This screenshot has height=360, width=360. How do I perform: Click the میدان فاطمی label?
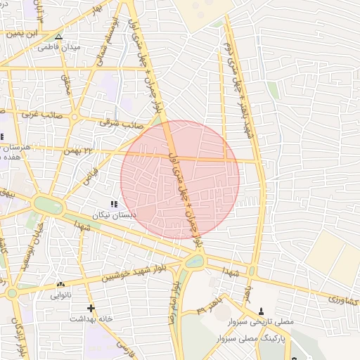coord(58,47)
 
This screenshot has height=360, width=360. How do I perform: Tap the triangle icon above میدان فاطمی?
coord(58,37)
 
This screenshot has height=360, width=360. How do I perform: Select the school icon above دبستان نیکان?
coord(114,203)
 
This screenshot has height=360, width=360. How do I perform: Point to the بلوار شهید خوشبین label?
coord(136,274)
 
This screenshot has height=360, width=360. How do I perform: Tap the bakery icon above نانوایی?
coord(59,285)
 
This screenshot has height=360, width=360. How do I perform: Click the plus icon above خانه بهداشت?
coord(90,308)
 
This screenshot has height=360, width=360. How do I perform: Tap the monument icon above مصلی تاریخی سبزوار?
coord(262,310)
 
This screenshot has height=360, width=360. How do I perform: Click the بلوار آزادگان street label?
coord(15,336)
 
